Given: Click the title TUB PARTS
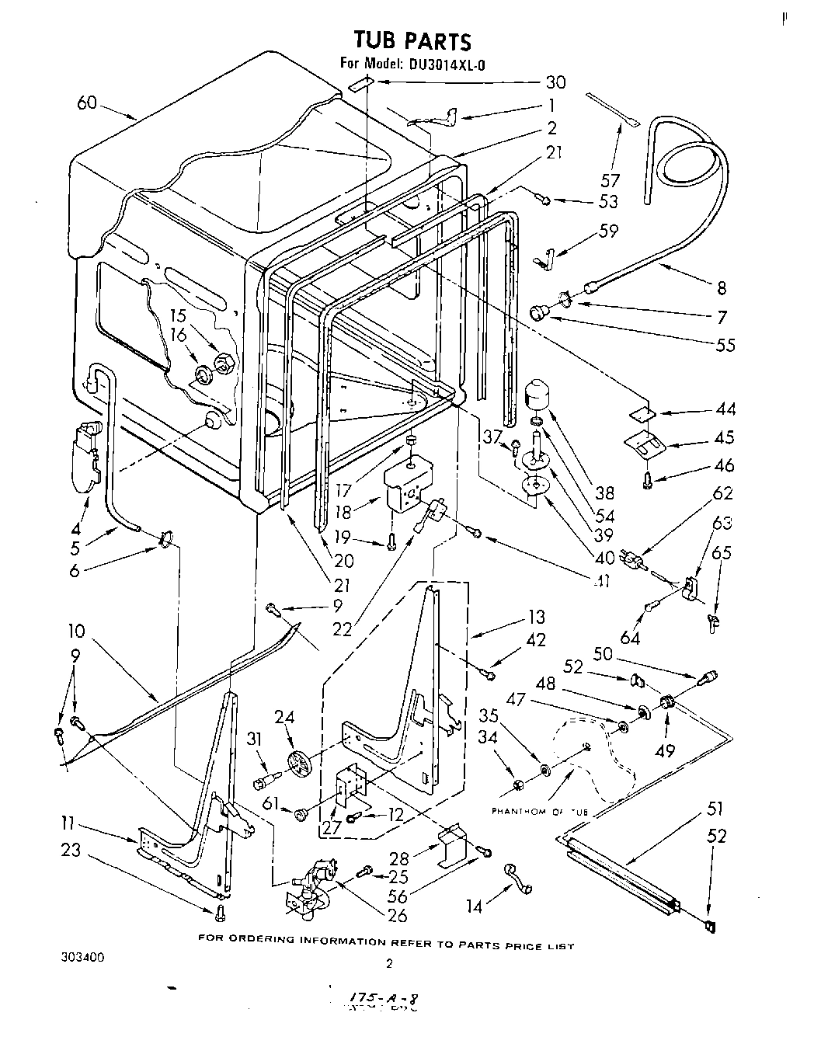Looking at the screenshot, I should click(412, 40).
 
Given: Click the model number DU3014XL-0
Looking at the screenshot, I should click(444, 65).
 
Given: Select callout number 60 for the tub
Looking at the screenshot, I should click(88, 102).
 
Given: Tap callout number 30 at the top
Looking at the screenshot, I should click(555, 82).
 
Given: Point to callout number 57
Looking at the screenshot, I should click(611, 180).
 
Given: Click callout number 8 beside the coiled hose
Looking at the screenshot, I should click(722, 288).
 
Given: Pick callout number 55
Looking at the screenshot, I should click(726, 344).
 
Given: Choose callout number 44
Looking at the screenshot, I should click(725, 409).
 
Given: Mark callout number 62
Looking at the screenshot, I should click(722, 492).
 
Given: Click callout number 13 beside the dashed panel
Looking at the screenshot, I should click(535, 618).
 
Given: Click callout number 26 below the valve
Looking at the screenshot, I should click(396, 915).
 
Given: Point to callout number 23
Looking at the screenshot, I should click(71, 851).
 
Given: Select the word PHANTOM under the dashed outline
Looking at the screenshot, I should click(516, 812).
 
